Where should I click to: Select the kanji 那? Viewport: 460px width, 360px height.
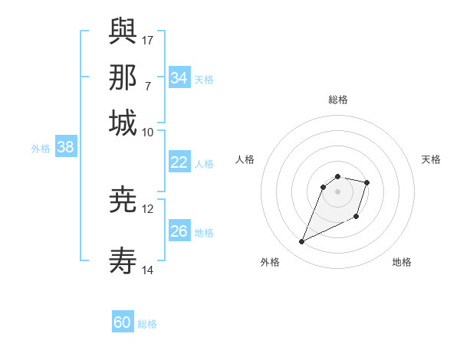coord(123,77)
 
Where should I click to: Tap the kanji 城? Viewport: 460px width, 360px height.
coord(123,123)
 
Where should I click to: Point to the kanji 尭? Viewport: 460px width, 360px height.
coord(123,201)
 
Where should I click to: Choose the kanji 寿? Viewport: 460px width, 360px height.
coord(123,261)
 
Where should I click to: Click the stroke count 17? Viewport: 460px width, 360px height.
coord(148,39)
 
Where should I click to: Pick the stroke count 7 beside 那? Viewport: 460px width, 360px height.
coord(148,85)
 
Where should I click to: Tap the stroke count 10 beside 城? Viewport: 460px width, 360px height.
coord(148,131)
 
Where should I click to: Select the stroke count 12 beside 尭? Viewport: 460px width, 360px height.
coord(148,208)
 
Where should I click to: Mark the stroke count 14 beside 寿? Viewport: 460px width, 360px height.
coord(148,270)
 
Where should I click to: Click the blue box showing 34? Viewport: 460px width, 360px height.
coord(179,78)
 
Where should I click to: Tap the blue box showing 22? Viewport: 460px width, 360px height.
coord(179,162)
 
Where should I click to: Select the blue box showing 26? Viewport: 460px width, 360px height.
coord(179,231)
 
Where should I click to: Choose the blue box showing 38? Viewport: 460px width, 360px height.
coord(65,148)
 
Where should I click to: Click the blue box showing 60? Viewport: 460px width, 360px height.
coord(123,323)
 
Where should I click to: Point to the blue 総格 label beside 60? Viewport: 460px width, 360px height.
coord(147,324)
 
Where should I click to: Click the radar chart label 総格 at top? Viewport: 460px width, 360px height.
coord(338,100)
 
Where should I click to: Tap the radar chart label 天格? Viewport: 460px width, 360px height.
coord(431,159)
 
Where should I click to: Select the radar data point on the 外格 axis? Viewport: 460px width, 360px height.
coord(302,242)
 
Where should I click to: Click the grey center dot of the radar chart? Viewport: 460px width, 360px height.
coord(338,191)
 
